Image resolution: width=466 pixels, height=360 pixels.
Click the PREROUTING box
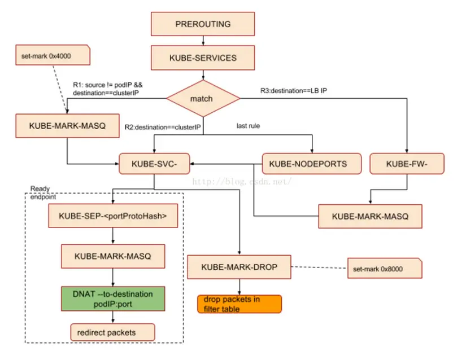click(x=202, y=24)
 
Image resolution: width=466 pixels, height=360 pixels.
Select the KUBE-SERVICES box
click(x=202, y=58)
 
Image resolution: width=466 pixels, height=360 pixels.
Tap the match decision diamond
click(x=202, y=98)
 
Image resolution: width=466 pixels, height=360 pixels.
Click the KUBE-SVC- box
click(x=153, y=164)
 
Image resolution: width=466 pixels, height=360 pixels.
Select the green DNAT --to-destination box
click(x=113, y=299)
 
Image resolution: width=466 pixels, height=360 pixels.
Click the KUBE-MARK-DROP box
click(x=239, y=266)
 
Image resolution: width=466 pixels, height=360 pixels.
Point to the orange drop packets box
click(x=239, y=304)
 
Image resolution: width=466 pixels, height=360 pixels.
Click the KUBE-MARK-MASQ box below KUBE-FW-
click(x=369, y=216)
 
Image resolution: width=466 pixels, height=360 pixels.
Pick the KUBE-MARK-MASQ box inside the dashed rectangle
click(x=113, y=256)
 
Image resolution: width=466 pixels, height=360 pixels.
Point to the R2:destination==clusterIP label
click(x=163, y=128)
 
